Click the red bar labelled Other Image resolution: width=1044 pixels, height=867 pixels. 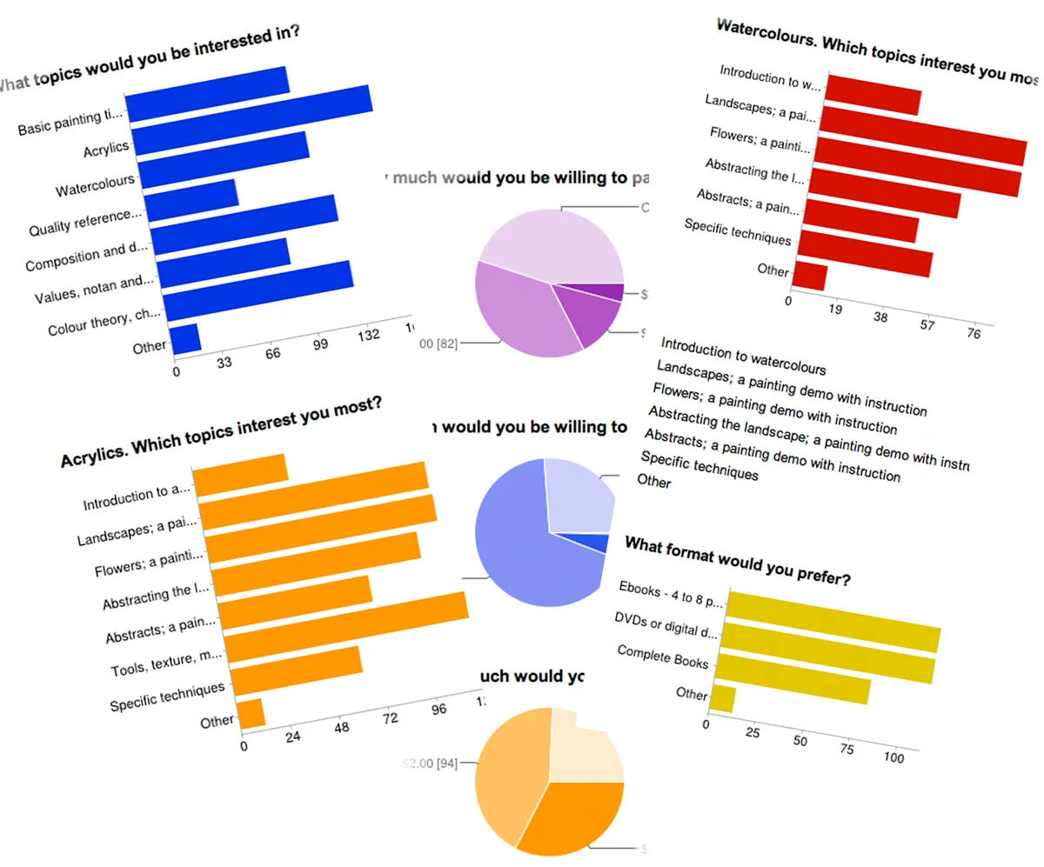coord(810,276)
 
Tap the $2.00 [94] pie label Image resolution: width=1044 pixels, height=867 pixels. coord(430,764)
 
